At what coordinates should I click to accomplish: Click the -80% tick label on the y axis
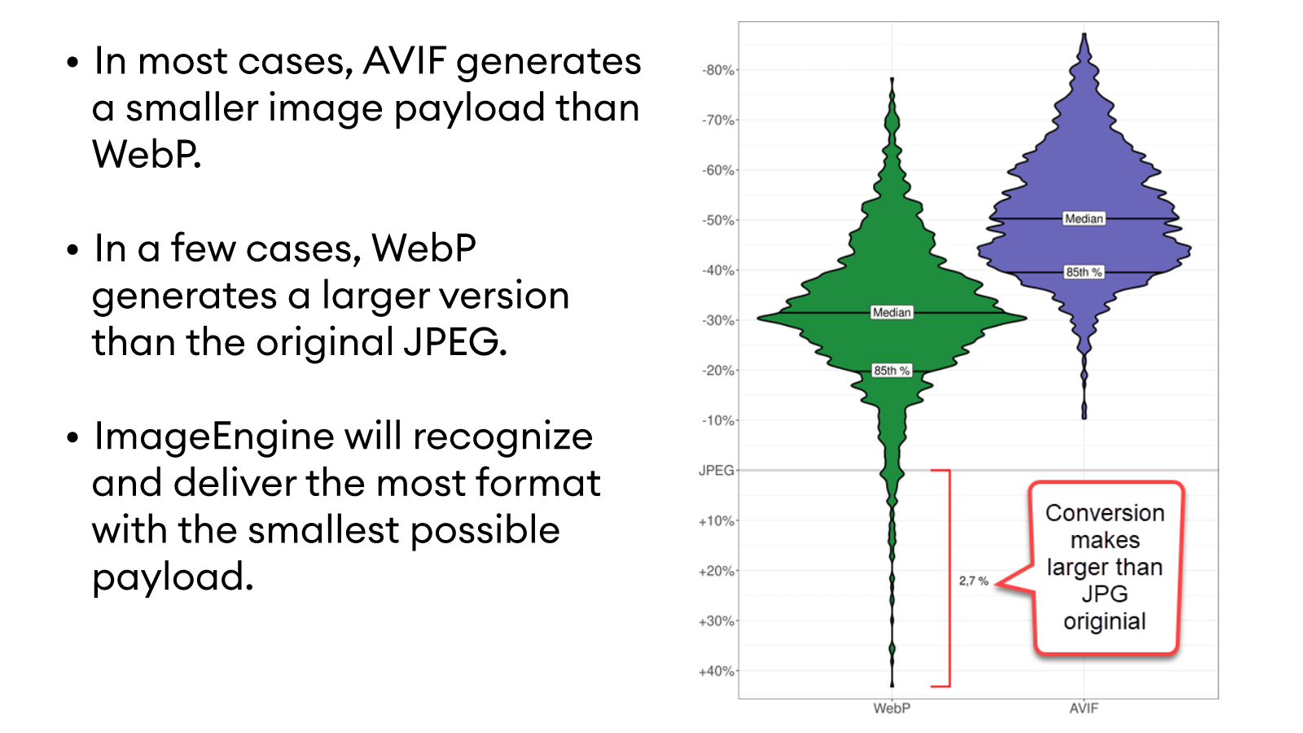pyautogui.click(x=717, y=70)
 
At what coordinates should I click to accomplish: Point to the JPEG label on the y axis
pyautogui.click(x=716, y=470)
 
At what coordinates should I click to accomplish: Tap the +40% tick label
pyautogui.click(x=716, y=671)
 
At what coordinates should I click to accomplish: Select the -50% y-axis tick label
pyautogui.click(x=717, y=220)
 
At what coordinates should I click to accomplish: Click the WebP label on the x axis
pyautogui.click(x=892, y=709)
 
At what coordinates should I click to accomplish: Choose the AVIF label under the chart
pyautogui.click(x=1084, y=709)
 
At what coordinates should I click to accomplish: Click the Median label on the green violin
pyautogui.click(x=892, y=313)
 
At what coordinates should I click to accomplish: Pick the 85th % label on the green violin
pyautogui.click(x=892, y=371)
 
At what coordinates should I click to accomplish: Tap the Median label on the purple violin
pyautogui.click(x=1084, y=218)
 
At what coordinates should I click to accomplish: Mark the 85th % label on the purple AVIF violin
pyautogui.click(x=1084, y=272)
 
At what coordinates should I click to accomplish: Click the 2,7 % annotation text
pyautogui.click(x=973, y=581)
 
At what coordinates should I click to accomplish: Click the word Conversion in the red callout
pyautogui.click(x=1104, y=513)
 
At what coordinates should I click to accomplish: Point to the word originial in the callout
pyautogui.click(x=1104, y=621)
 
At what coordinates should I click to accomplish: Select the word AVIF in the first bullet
pyautogui.click(x=406, y=61)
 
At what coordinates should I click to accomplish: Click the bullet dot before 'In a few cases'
pyautogui.click(x=73, y=249)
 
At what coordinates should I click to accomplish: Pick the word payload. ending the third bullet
pyautogui.click(x=173, y=577)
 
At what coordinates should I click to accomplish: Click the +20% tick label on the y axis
pyautogui.click(x=716, y=571)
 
